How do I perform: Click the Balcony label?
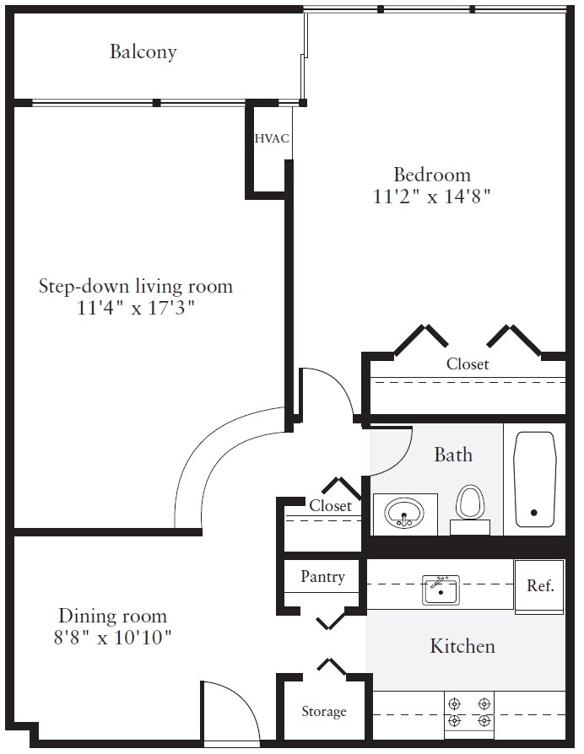[143, 51]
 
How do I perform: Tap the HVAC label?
[272, 138]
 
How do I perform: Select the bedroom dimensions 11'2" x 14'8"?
[431, 197]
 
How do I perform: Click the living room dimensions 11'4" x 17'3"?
[136, 308]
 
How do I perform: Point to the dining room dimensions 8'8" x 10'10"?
[112, 638]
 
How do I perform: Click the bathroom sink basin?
[404, 514]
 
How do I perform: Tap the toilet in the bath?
[470, 509]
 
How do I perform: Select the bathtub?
[535, 479]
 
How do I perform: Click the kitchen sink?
[441, 590]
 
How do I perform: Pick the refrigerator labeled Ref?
[539, 587]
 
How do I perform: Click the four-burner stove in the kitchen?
[469, 714]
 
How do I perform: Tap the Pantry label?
[322, 576]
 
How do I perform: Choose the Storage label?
[324, 711]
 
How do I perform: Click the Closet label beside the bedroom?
[468, 364]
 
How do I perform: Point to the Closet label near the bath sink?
[331, 505]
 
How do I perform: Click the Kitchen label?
[462, 646]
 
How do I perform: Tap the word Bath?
[453, 455]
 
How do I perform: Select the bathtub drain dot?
[534, 513]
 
